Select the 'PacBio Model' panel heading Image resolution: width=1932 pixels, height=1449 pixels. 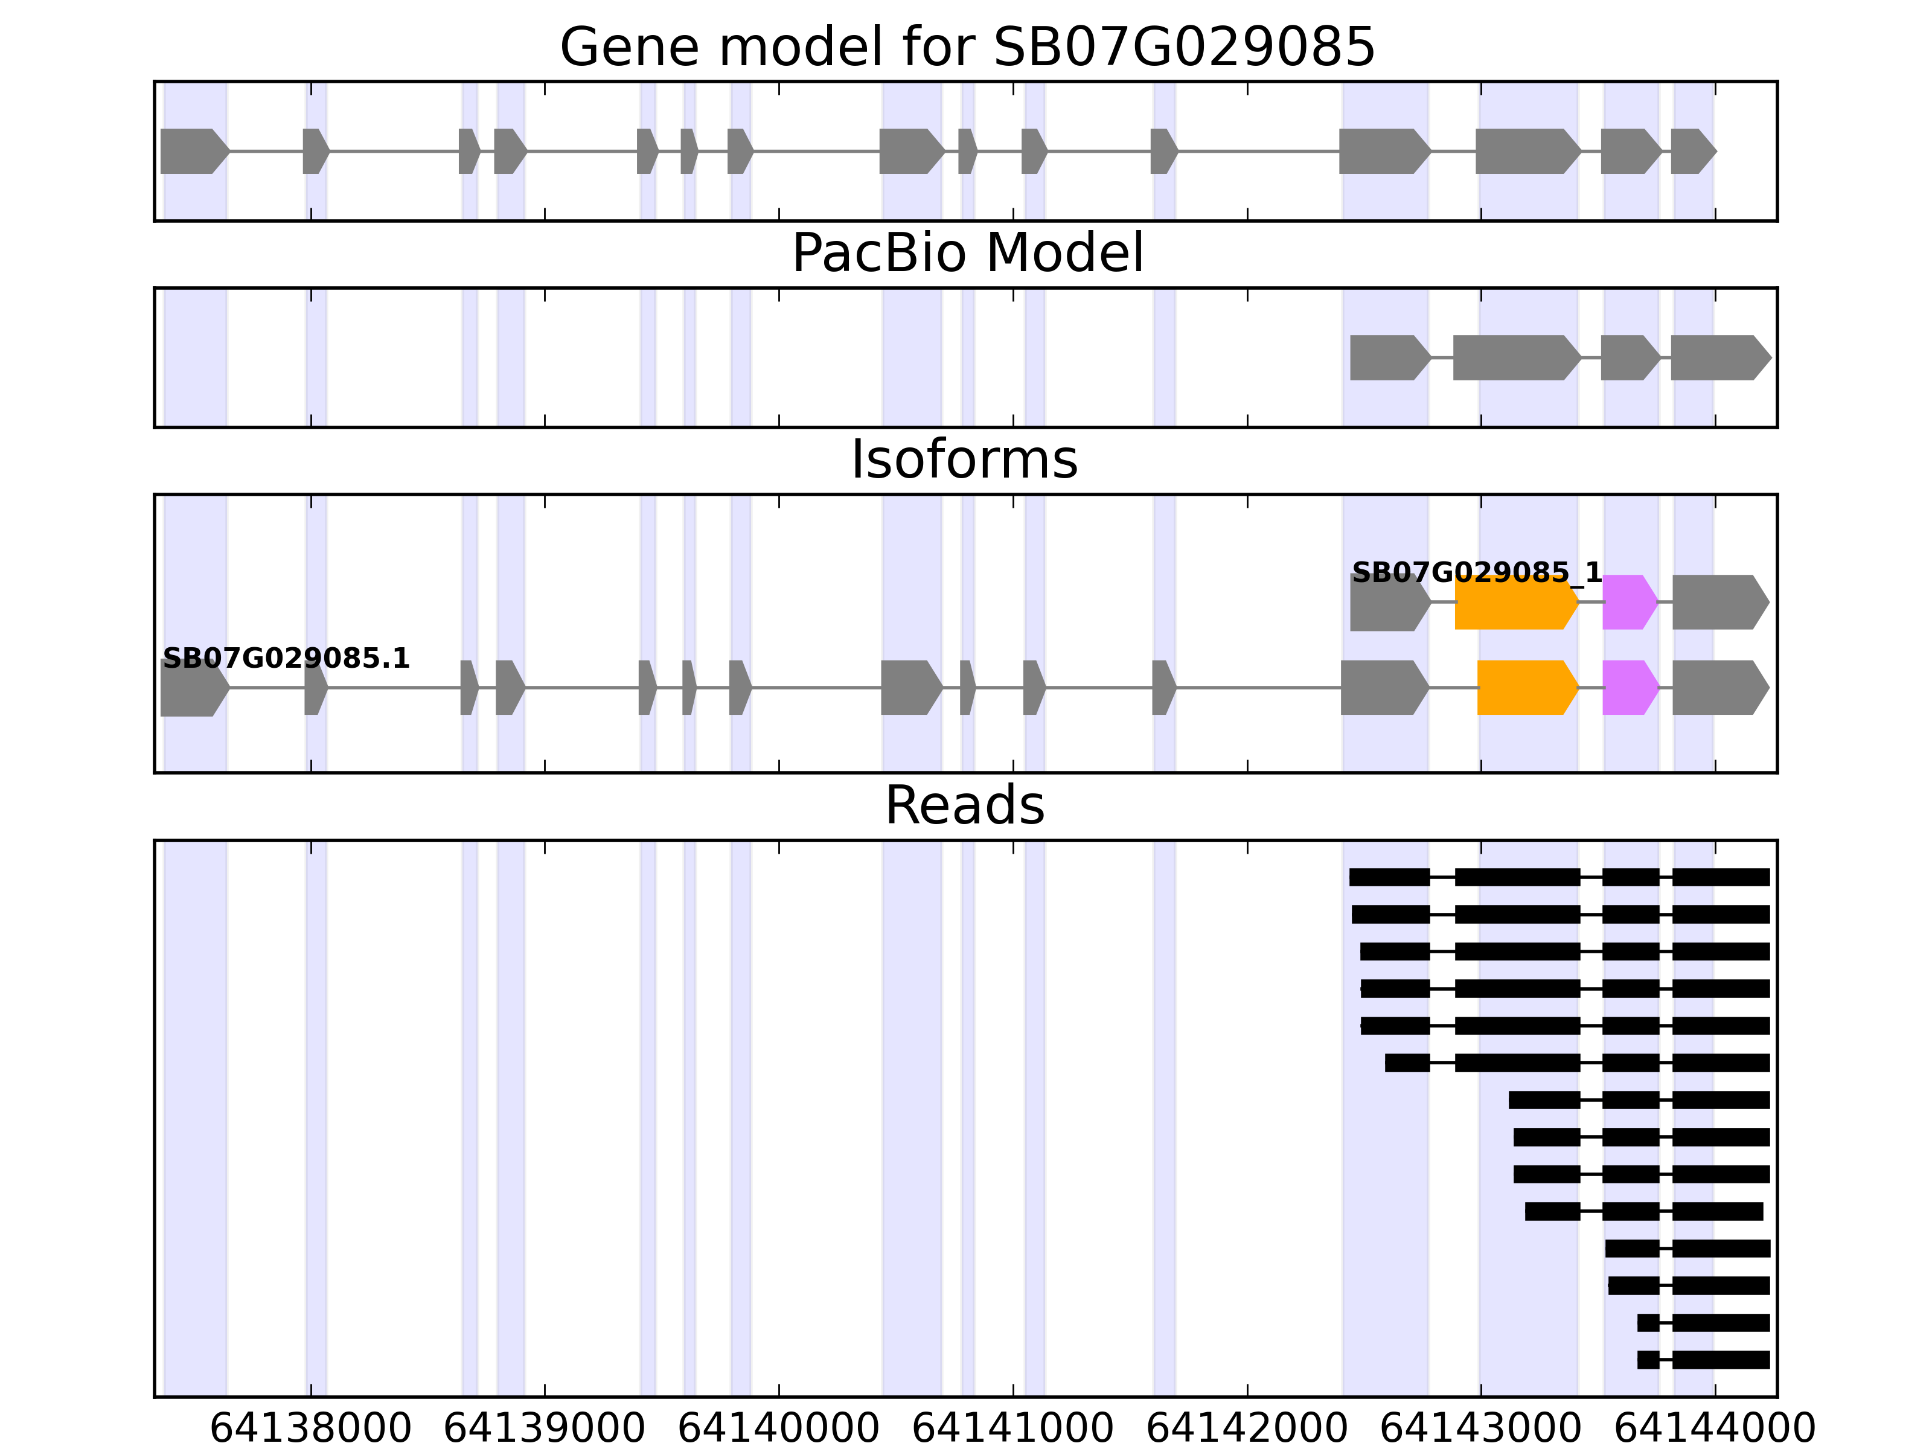967,254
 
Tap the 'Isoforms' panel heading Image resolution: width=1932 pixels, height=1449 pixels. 964,460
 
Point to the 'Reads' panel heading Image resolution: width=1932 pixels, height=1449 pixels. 964,805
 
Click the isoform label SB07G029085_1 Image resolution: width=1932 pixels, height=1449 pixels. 1477,573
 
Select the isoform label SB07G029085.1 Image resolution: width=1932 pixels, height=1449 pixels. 286,659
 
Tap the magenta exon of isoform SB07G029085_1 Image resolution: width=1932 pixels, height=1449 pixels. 1629,602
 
